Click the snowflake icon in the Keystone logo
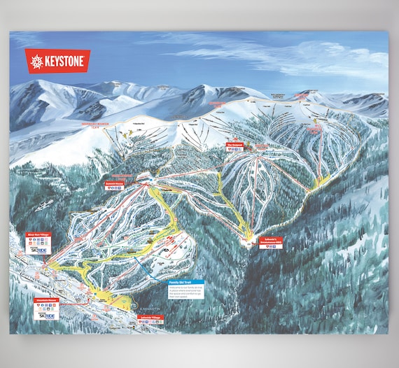tap(36, 62)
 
